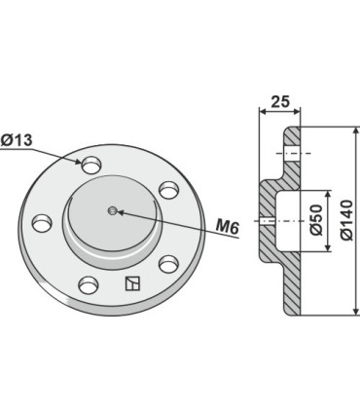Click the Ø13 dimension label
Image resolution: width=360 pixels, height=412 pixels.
(x=17, y=140)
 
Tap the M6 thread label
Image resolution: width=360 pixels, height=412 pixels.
(x=228, y=227)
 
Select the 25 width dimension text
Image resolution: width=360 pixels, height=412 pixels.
(x=280, y=101)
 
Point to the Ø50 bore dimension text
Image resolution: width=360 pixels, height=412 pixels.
(x=316, y=220)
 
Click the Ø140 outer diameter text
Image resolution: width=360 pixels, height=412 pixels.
(x=346, y=220)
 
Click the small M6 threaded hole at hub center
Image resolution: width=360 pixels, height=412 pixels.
(x=112, y=211)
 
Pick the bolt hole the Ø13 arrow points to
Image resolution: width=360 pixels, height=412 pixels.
(x=91, y=165)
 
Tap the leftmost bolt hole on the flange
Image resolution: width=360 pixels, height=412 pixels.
(x=42, y=223)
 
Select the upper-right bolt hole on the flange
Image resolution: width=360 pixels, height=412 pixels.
(x=169, y=190)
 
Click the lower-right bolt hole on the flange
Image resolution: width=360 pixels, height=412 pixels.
(x=168, y=264)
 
